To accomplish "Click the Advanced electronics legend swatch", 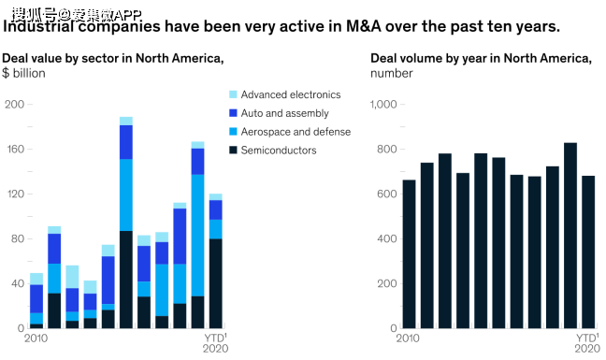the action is point(233,94).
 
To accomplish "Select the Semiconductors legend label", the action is point(279,151).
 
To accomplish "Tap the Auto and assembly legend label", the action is point(285,113).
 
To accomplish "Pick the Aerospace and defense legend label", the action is point(296,132).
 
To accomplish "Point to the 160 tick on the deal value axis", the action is point(16,149).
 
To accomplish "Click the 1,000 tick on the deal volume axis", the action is point(383,105).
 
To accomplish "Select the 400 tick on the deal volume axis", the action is point(387,238).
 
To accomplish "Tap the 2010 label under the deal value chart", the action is point(36,338).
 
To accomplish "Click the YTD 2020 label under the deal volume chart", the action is point(587,343).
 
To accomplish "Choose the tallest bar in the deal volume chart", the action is point(570,236).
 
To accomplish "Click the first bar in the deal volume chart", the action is point(410,254).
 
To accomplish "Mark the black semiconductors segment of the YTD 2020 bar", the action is point(216,283).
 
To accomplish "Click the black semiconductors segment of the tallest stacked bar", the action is point(126,280).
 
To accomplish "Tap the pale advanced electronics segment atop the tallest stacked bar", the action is point(126,121).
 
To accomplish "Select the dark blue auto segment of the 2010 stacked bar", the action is point(36,299).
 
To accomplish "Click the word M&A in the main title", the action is point(363,26).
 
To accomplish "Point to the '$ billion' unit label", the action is point(23,73).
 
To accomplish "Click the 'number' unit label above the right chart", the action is point(392,73).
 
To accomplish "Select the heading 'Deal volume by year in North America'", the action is point(481,58).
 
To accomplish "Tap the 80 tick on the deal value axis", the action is point(18,238).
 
